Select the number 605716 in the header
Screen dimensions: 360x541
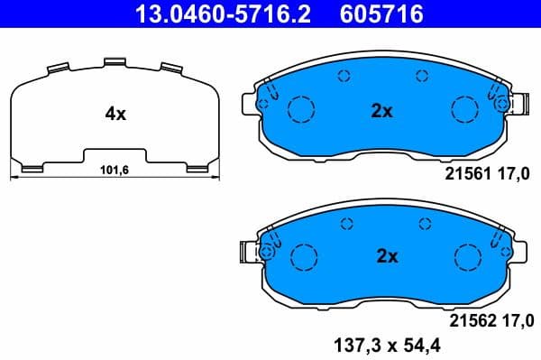pyautogui.click(x=382, y=14)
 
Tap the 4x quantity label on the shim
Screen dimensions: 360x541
pyautogui.click(x=115, y=114)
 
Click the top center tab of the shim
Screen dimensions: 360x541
pyautogui.click(x=114, y=62)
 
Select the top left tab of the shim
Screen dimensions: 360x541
pyautogui.click(x=56, y=69)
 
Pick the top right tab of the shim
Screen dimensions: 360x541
pyautogui.click(x=171, y=69)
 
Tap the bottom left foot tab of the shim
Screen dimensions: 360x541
pyautogui.click(x=30, y=166)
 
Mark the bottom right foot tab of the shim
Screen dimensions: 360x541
pyautogui.click(x=197, y=166)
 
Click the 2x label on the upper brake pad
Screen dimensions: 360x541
pyautogui.click(x=382, y=111)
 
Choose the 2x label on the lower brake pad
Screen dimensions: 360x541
pyautogui.click(x=386, y=256)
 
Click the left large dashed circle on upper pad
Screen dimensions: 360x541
pyautogui.click(x=300, y=110)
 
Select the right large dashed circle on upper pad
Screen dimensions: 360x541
pyautogui.click(x=463, y=110)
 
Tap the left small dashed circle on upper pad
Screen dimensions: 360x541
pyautogui.click(x=343, y=77)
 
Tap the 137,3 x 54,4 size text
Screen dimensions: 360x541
pyautogui.click(x=400, y=344)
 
